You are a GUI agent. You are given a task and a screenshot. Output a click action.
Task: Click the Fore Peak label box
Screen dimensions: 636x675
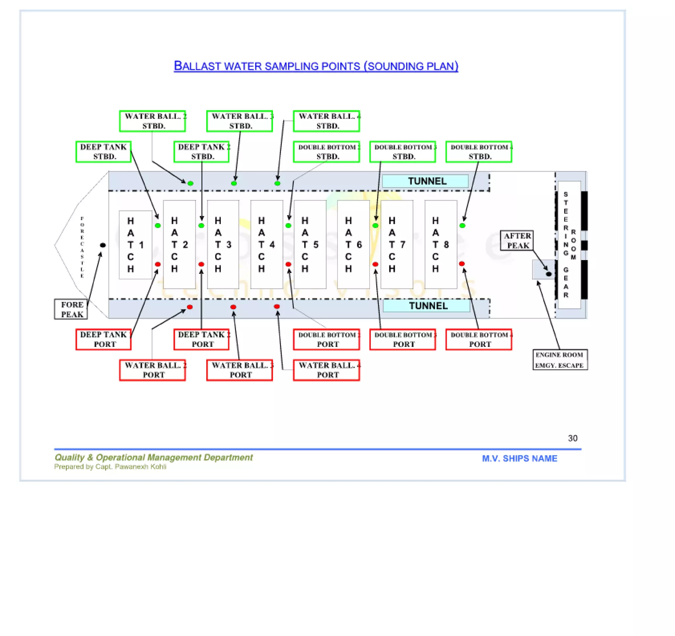71,309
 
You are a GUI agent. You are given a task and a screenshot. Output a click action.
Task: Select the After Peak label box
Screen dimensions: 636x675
516,241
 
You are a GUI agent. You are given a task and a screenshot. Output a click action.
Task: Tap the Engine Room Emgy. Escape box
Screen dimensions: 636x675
560,360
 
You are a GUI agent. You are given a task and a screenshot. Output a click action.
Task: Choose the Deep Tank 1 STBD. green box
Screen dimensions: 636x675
103,152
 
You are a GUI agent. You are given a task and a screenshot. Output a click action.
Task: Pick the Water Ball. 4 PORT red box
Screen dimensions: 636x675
326,370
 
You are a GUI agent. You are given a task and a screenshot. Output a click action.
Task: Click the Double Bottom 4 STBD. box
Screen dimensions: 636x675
479,152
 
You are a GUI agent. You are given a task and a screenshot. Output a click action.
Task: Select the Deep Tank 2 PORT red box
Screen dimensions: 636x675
201,339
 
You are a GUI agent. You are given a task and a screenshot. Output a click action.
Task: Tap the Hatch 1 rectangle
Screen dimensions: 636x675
135,245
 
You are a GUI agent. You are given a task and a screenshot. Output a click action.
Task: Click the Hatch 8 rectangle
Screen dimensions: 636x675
440,245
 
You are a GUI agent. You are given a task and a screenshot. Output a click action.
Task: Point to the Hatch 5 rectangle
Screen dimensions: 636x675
310,245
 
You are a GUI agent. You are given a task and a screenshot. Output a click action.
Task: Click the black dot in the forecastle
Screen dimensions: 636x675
103,245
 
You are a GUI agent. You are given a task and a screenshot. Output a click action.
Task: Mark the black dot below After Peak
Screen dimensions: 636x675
549,274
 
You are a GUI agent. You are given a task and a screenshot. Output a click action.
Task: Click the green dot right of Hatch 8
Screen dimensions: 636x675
462,226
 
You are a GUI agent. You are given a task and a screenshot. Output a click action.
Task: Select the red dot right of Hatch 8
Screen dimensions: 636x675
462,264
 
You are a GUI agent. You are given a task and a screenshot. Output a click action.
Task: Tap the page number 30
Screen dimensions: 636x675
572,438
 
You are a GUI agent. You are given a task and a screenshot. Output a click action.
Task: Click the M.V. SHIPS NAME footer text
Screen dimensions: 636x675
519,459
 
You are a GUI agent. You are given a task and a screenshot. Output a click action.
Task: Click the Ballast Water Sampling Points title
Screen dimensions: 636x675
316,66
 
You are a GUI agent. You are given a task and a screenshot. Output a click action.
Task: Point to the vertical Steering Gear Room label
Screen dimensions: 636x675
569,245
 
